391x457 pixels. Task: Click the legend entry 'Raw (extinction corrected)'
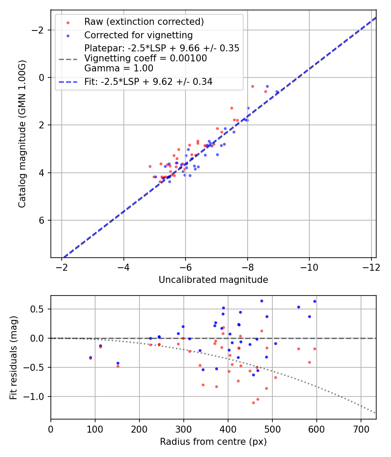(x=144, y=22)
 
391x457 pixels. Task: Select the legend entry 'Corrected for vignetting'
(x=138, y=35)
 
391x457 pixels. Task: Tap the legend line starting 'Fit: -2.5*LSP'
(x=148, y=81)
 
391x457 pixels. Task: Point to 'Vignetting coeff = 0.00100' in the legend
(x=146, y=58)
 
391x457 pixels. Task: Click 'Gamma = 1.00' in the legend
(x=119, y=68)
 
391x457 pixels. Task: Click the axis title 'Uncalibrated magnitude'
(x=213, y=280)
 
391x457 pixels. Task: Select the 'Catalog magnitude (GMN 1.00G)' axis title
(x=22, y=134)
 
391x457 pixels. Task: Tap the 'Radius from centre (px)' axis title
(x=213, y=442)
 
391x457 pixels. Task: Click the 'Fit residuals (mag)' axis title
(x=13, y=357)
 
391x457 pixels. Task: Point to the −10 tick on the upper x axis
(x=309, y=266)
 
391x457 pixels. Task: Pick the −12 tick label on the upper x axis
(x=371, y=266)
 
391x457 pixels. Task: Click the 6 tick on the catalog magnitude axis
(x=43, y=220)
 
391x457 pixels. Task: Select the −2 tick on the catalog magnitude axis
(x=40, y=30)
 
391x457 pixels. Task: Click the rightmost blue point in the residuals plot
(x=315, y=301)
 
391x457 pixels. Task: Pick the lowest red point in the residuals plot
(x=253, y=403)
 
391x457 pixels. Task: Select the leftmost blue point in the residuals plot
(x=90, y=357)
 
